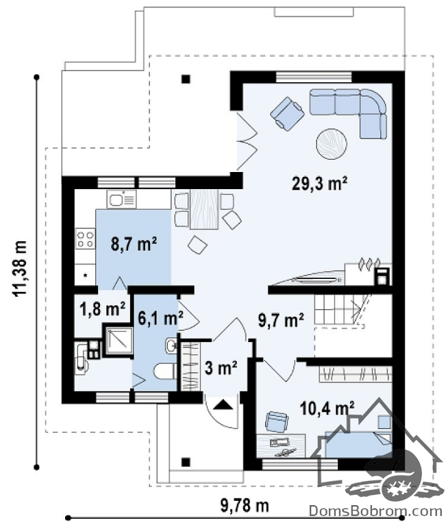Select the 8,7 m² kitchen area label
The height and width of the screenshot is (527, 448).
pos(134,243)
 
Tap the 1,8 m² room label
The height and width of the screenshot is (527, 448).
pos(103,308)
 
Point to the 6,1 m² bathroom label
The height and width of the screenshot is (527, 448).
pos(160,317)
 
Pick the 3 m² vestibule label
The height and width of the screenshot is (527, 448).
pos(221,367)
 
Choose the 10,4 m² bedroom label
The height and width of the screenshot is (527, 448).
pos(327,408)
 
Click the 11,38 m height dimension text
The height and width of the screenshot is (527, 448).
pos(19,269)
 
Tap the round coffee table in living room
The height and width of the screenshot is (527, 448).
pos(332,144)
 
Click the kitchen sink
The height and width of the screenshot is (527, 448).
pos(121,199)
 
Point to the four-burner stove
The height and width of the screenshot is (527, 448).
pos(85,238)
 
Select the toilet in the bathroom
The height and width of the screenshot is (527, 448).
pos(165,371)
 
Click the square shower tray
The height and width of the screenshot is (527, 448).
pos(118,340)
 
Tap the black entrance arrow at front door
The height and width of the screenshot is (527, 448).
pos(223,404)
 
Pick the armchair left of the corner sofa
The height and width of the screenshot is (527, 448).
pos(288,114)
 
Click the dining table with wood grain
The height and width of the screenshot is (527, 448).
pos(205,210)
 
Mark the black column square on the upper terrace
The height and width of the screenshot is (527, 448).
pos(186,79)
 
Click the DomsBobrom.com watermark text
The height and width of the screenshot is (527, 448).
pos(375,511)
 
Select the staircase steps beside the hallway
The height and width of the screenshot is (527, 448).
pos(339,310)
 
